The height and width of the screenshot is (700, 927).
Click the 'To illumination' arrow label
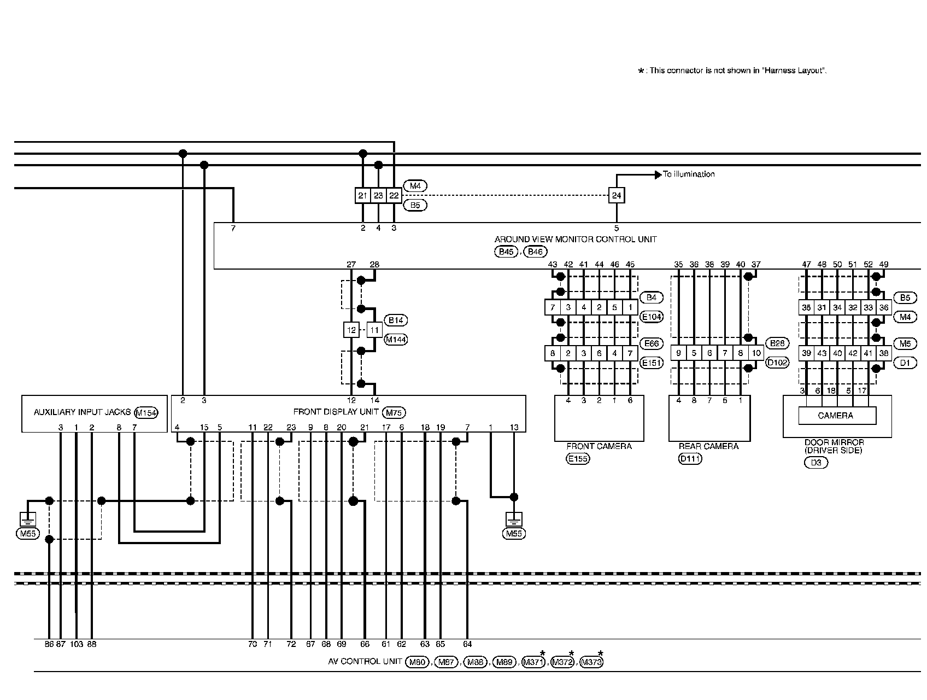(x=688, y=174)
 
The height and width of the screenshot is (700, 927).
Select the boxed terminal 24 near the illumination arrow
(x=617, y=195)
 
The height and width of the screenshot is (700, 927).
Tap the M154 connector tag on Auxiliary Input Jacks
(x=146, y=413)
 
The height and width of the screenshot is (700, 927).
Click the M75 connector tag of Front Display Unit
(x=394, y=413)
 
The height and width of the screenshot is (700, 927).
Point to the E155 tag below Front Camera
(x=577, y=459)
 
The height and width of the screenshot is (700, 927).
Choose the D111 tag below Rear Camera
(x=690, y=459)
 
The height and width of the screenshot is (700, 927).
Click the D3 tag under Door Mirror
(x=816, y=463)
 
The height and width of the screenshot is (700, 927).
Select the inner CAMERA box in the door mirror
(x=836, y=416)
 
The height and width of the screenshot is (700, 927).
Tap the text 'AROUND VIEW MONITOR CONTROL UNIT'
(x=576, y=240)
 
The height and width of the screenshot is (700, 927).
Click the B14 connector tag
(x=396, y=320)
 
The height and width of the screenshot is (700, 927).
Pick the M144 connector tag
(x=396, y=340)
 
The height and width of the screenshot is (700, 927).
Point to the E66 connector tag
(x=651, y=343)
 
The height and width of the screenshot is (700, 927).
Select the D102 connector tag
(x=777, y=362)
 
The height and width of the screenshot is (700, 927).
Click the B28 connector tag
(x=777, y=343)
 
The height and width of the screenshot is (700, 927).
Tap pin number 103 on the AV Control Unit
(x=76, y=645)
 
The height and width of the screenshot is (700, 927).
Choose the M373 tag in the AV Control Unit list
(x=591, y=662)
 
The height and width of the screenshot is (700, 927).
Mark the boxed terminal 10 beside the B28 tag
(x=756, y=353)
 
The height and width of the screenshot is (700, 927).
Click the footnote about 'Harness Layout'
(x=732, y=71)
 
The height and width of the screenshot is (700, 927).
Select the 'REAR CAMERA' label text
(x=707, y=446)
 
